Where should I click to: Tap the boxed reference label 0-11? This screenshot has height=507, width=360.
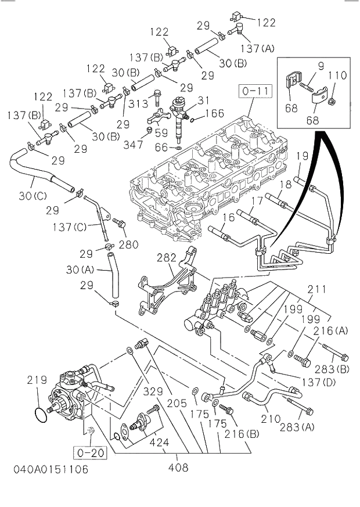(x=254, y=91)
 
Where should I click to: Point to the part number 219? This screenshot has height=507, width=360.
(x=37, y=380)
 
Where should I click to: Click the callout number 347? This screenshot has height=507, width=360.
(x=133, y=143)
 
